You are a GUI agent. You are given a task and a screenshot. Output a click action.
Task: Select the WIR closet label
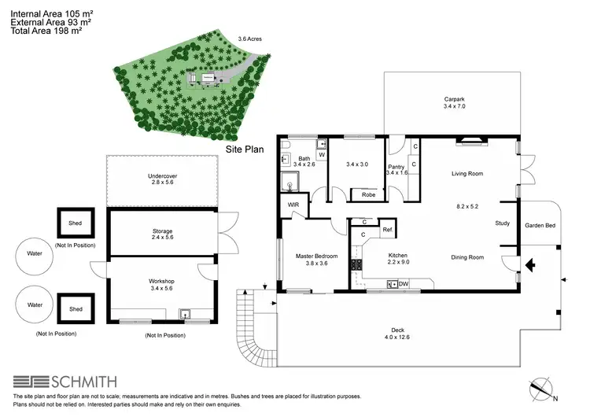coord(293,205)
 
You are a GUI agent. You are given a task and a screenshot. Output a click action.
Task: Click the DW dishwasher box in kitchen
coord(403,283)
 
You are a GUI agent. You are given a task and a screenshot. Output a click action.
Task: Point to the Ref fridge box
coord(387,230)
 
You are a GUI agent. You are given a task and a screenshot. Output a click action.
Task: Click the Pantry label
coord(396,167)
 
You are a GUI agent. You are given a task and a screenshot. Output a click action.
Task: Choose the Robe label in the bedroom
coord(368,194)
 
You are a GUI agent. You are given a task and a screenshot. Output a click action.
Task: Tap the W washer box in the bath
coord(321,155)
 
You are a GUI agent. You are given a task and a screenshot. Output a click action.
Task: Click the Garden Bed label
coord(540,225)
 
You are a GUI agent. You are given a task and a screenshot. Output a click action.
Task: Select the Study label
coord(502,223)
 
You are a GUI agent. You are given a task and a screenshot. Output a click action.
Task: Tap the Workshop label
coord(161,281)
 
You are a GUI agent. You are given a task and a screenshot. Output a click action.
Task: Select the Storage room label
coord(162,231)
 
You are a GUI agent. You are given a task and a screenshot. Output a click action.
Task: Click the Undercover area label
coord(162,176)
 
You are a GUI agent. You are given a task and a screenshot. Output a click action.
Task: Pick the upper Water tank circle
coord(35,254)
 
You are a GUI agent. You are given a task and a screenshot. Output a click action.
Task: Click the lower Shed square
coord(76,309)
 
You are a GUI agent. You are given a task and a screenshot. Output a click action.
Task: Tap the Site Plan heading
coord(245,148)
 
